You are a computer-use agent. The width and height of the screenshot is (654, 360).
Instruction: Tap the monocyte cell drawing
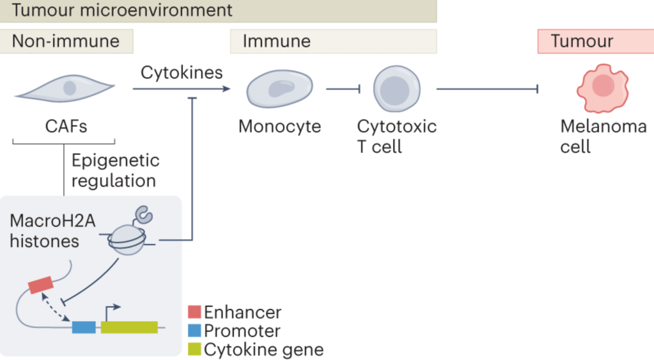tap(280, 88)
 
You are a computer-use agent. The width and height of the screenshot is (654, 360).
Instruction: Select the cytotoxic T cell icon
tap(397, 88)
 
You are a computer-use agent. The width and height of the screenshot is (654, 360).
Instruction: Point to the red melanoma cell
tap(602, 88)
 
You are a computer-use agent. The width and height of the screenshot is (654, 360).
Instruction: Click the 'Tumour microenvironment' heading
tap(122, 10)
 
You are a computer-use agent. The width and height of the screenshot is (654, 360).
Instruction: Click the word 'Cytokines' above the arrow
tap(182, 72)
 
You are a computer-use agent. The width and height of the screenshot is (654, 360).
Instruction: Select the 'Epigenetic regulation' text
tap(114, 170)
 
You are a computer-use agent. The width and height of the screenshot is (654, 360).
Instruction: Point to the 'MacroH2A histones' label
tap(45, 231)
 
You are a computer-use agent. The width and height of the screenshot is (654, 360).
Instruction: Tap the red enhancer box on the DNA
tap(41, 285)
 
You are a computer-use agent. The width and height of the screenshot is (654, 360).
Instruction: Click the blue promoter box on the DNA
tap(84, 327)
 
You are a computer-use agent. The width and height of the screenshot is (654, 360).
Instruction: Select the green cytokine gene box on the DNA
tap(129, 327)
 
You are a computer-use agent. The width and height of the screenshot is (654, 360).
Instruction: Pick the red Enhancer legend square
tap(194, 313)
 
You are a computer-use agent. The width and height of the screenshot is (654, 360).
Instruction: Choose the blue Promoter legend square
tap(194, 331)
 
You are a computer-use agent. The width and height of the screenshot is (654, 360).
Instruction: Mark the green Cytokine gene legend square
tap(194, 350)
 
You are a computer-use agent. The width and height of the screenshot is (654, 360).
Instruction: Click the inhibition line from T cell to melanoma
tap(486, 89)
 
